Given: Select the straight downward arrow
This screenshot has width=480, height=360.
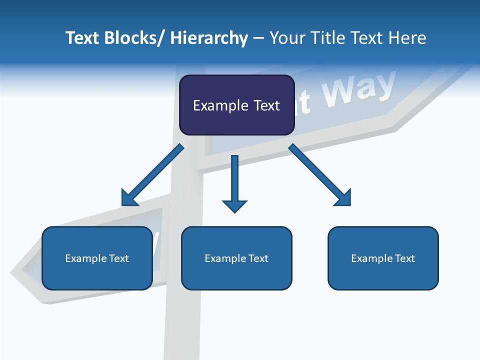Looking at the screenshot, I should [234, 180].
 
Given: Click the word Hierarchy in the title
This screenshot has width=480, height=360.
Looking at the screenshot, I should [209, 38].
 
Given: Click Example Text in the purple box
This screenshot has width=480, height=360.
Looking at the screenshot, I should [236, 105].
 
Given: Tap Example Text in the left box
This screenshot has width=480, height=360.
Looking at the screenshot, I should [97, 258].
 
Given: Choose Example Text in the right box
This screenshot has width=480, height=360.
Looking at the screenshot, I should [383, 258].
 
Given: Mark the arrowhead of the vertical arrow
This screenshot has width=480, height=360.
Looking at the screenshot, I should [234, 205].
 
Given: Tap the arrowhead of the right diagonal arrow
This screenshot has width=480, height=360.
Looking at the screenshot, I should [344, 198].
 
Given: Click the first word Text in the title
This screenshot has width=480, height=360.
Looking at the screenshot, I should [83, 38].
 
